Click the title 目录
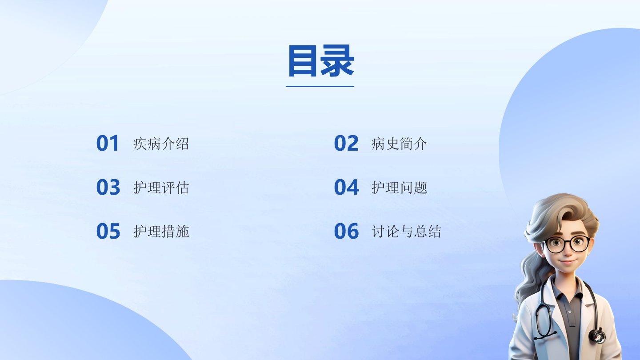tap(321, 61)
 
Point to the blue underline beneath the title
tap(320, 86)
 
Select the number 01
tap(108, 143)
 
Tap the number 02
tap(346, 143)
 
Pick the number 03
tap(108, 187)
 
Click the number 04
tap(347, 187)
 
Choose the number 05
tap(108, 231)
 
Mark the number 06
tap(347, 231)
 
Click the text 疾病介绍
tap(161, 144)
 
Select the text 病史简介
tap(399, 144)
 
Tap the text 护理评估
tap(161, 188)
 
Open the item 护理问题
tap(399, 188)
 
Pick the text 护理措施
tap(161, 232)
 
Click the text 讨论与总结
tap(406, 232)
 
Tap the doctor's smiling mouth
tap(567, 261)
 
